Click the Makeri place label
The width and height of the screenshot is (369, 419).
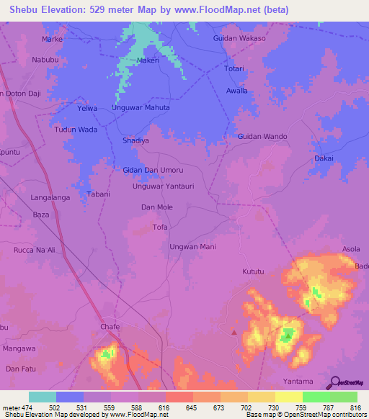(148, 61)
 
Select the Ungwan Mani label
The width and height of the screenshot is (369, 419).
(192, 247)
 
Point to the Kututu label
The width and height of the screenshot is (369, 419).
(254, 273)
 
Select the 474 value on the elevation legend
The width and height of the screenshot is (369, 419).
(22, 407)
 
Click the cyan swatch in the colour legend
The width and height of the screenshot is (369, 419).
(42, 397)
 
